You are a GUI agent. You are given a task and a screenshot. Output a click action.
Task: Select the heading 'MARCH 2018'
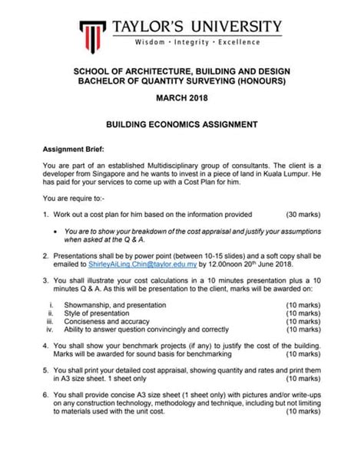pos(181,99)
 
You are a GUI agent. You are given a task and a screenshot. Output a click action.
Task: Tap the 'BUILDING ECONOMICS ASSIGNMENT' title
pos(181,123)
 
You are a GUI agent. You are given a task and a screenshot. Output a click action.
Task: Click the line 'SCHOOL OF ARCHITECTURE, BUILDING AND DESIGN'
pos(181,71)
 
